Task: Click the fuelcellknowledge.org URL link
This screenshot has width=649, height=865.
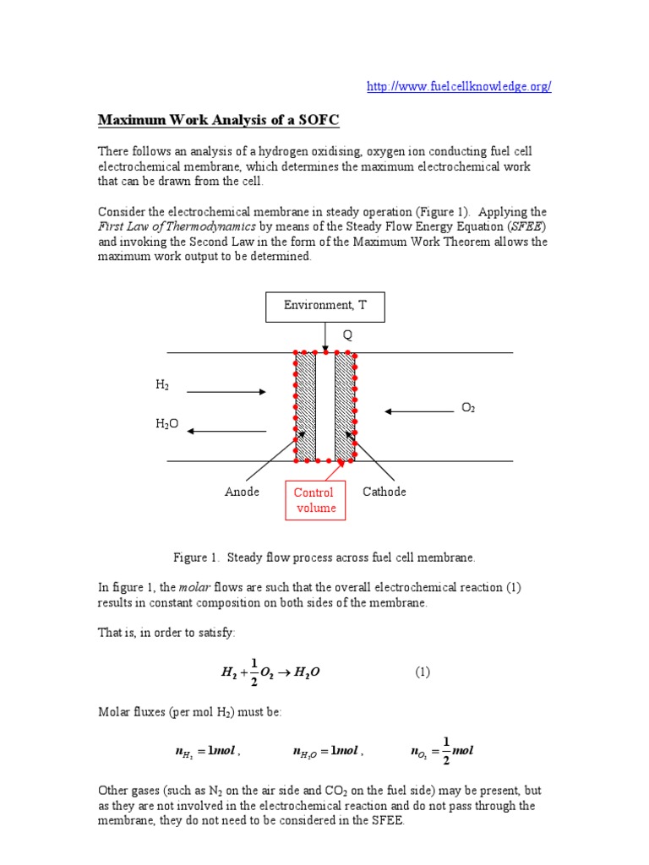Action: (x=459, y=87)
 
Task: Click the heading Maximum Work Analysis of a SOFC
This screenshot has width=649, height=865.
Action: (x=219, y=120)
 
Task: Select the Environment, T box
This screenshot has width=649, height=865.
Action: (x=324, y=307)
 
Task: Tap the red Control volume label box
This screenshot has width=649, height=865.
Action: (x=314, y=500)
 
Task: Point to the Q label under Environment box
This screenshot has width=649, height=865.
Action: (x=346, y=335)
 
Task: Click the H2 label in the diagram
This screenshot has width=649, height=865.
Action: (x=162, y=384)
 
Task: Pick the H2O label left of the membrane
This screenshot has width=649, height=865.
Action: (x=166, y=425)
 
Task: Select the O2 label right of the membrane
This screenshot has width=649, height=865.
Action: (x=468, y=408)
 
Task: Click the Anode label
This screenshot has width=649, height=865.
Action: (x=242, y=492)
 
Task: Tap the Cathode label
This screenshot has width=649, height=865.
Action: (x=384, y=492)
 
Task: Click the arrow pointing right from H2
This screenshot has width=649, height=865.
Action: (x=226, y=391)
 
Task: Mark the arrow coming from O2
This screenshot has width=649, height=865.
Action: (x=419, y=411)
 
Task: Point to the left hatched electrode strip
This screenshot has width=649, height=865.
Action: (x=306, y=406)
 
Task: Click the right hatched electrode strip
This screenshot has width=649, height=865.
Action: (x=344, y=406)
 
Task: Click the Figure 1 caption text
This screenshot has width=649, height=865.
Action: (x=324, y=558)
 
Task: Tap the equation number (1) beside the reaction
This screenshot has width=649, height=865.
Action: (x=423, y=672)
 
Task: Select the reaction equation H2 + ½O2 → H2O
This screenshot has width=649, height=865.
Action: (x=271, y=672)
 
